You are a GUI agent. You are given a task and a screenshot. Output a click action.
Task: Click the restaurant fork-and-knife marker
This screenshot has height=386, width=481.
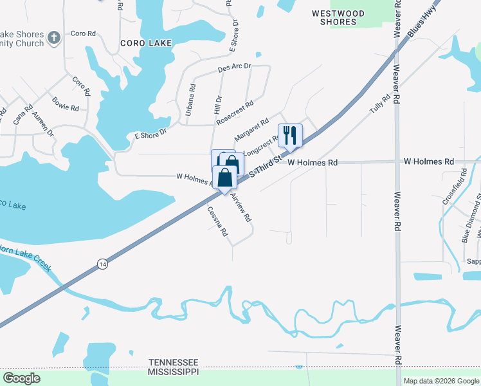click(x=290, y=134)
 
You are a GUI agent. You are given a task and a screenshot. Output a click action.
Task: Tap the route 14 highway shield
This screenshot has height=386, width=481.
click(x=102, y=264)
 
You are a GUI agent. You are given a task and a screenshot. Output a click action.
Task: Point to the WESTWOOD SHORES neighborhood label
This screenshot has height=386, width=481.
click(x=338, y=17)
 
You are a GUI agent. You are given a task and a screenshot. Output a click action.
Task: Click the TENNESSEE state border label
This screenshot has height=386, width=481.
click(x=173, y=363)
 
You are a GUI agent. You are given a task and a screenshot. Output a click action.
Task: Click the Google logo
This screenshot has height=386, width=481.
click(x=22, y=378)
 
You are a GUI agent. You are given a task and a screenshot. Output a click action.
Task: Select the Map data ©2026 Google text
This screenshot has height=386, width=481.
click(x=441, y=381)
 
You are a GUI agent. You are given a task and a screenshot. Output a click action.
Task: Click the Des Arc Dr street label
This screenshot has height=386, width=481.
click(x=234, y=66)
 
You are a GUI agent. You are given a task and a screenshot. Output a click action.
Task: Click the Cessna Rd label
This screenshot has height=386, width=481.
click(x=217, y=221)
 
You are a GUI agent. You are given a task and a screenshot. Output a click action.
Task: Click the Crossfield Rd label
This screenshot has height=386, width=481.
click(x=453, y=186)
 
